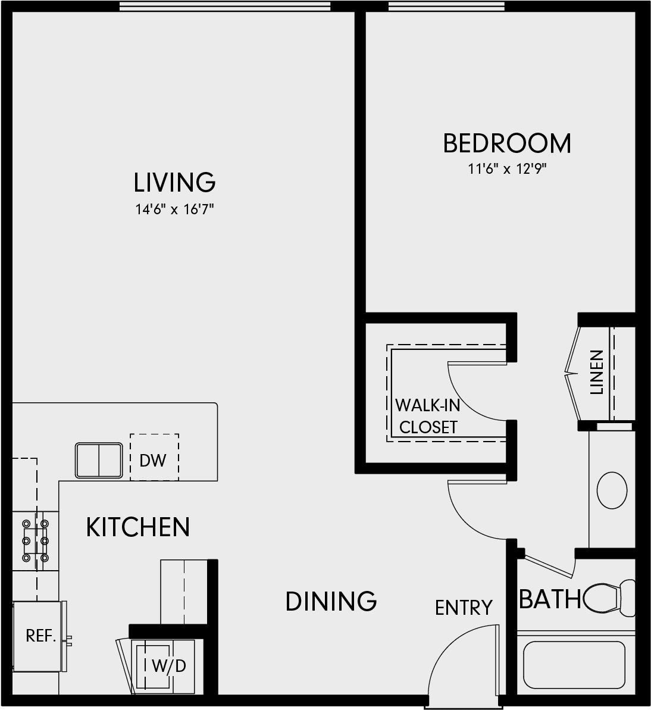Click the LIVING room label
[174, 182]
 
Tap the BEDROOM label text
[507, 143]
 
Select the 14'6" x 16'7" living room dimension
[174, 209]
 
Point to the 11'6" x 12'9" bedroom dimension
[507, 169]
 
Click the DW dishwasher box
[154, 457]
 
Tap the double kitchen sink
[99, 461]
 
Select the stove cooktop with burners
[35, 540]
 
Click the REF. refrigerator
[39, 636]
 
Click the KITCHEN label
[138, 527]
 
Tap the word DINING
[331, 601]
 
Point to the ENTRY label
[464, 608]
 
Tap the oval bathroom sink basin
[612, 490]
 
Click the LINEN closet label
[597, 372]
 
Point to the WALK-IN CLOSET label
[428, 416]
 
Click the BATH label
[550, 599]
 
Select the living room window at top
[225, 6]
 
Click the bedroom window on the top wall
[446, 6]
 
